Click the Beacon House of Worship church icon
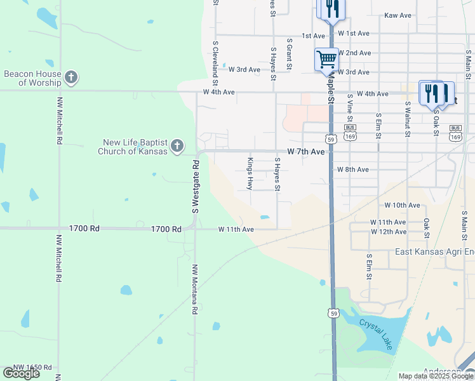click(x=71, y=78)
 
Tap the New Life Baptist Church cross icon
click(x=177, y=147)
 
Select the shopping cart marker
click(x=326, y=60)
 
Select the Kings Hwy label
click(x=250, y=173)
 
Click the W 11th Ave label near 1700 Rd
click(x=236, y=229)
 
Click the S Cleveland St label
click(x=216, y=64)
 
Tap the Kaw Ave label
click(x=398, y=15)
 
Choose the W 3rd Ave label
click(x=244, y=69)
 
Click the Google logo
click(x=21, y=373)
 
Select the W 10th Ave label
click(x=402, y=205)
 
